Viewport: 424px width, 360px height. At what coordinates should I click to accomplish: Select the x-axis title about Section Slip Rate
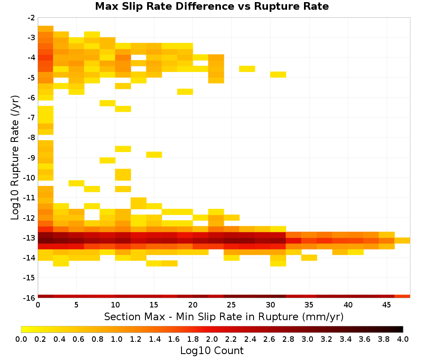(223, 316)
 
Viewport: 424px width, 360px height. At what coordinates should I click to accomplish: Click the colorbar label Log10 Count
(212, 351)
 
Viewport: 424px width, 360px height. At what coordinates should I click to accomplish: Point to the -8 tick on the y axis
(31, 138)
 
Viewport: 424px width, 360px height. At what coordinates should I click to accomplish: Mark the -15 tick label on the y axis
(30, 278)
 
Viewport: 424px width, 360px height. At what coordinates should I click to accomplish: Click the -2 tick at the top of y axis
(31, 18)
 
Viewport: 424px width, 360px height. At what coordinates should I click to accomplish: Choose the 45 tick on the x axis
(386, 305)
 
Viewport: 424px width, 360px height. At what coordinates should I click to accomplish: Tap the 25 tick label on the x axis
(231, 305)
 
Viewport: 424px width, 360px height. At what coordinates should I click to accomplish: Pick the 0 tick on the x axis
(38, 305)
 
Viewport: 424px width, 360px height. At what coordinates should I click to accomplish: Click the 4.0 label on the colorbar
(403, 339)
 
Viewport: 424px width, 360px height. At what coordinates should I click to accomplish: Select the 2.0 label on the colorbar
(212, 339)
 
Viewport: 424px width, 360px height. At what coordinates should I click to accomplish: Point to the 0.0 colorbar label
(21, 339)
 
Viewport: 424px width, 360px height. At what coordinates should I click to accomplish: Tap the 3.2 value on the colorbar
(326, 339)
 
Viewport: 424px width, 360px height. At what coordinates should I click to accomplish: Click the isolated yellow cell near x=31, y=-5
(278, 75)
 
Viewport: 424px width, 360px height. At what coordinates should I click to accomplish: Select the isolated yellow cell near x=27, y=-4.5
(247, 69)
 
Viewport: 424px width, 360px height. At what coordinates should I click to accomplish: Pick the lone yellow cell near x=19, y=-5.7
(185, 92)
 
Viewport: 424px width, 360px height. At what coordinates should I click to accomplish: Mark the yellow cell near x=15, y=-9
(154, 155)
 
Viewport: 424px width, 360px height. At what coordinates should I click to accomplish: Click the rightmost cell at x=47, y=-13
(402, 241)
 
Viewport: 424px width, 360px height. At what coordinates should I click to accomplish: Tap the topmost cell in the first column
(45, 29)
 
